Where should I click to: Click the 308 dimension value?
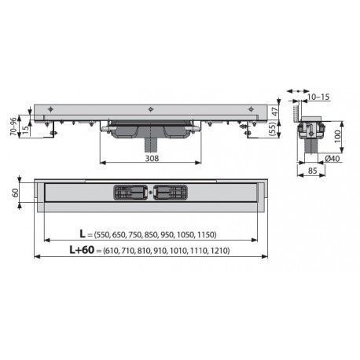(152, 158)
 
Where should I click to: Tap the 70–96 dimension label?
(13, 127)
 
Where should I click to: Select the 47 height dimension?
(274, 112)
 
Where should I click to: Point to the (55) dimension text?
(274, 129)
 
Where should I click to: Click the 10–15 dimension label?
(318, 97)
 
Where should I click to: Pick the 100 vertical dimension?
(337, 136)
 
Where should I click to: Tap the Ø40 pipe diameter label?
(332, 159)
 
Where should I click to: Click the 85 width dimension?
(312, 171)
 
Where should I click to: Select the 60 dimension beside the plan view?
(15, 193)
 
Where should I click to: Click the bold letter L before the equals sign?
(83, 233)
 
